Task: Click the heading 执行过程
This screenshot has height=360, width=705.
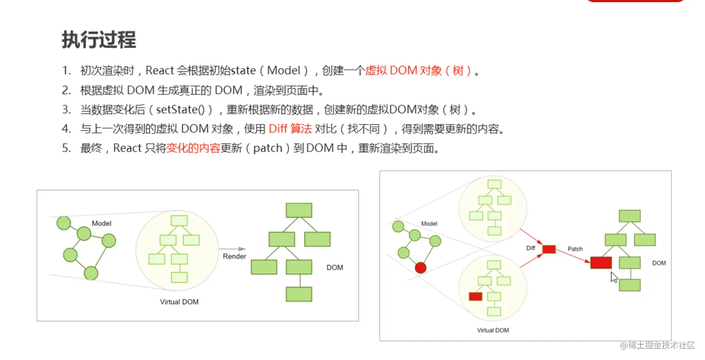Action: pos(99,41)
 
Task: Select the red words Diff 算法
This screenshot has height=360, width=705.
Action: pos(290,129)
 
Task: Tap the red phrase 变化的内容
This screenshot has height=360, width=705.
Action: pos(193,148)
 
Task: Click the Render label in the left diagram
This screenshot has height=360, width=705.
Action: pos(235,256)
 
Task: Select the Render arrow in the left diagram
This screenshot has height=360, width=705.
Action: pos(233,249)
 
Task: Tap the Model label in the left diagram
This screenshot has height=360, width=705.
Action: pos(101,223)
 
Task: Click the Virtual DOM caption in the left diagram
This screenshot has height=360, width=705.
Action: pos(179,302)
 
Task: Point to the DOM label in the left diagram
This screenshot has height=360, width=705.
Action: pos(334,268)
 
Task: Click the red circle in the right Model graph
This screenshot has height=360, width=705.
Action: pos(421,268)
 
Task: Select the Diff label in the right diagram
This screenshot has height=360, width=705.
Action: pos(531,248)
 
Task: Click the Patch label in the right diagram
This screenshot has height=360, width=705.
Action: pos(575,249)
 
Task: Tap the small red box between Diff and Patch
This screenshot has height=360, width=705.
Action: pos(549,249)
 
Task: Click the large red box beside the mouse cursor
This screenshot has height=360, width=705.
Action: pos(601,263)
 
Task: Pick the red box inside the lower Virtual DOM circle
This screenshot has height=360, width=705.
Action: pos(475,296)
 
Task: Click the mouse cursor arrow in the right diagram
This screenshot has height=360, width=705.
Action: pos(614,277)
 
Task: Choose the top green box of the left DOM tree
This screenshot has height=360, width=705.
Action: pos(298,210)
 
